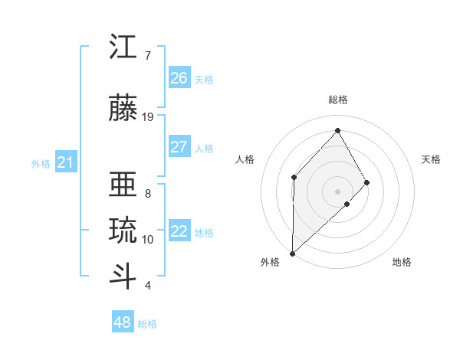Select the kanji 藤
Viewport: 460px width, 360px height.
tap(123, 108)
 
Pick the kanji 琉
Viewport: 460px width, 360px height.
tap(123, 231)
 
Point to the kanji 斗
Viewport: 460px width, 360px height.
tap(123, 275)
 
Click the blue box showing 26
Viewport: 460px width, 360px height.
tap(179, 78)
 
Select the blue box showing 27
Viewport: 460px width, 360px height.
tap(179, 147)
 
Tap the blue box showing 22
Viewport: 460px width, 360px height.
tap(179, 231)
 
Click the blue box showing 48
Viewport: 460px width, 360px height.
tap(123, 322)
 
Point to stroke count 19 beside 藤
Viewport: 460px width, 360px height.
tap(148, 116)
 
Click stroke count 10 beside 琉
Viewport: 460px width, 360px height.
tap(148, 240)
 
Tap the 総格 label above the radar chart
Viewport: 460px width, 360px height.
tap(338, 100)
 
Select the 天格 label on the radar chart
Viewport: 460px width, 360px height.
tap(431, 159)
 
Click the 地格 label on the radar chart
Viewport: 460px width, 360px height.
tap(402, 262)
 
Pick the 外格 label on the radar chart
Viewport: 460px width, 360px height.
tap(270, 262)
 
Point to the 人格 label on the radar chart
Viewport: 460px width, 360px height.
tap(245, 159)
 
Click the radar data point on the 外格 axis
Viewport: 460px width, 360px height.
tap(292, 253)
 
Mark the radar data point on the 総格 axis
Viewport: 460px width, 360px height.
tap(337, 130)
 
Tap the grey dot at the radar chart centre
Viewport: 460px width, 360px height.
tap(337, 191)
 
